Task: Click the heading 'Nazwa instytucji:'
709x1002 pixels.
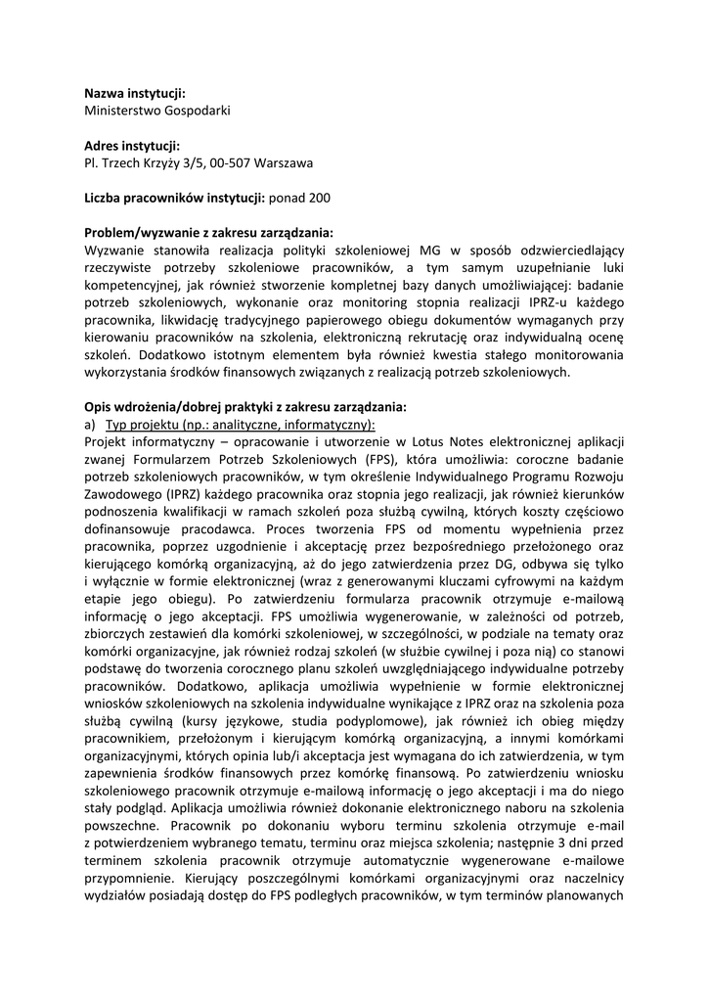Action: pyautogui.click(x=135, y=93)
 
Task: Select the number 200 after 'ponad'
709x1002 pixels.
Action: pyautogui.click(x=319, y=198)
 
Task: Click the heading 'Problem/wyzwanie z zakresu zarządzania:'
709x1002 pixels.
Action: pyautogui.click(x=208, y=232)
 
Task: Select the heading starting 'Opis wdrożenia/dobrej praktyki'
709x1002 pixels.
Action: pyautogui.click(x=244, y=406)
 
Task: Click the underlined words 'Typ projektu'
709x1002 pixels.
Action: pyautogui.click(x=139, y=424)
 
